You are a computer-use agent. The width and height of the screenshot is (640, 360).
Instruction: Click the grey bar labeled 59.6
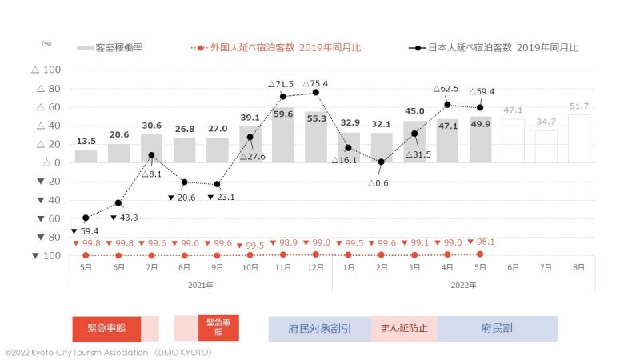tap(283, 135)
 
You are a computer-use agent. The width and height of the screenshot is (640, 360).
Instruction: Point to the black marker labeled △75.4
tap(316, 93)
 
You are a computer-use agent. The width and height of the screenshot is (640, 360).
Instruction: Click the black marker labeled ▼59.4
tap(86, 218)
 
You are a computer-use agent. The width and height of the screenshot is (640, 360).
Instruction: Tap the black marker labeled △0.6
tap(382, 162)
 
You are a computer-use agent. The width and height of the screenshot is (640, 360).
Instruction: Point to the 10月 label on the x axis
tap(250, 268)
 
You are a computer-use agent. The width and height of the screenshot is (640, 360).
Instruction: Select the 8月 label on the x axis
tap(579, 268)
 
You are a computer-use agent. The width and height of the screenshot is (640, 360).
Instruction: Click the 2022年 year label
tap(463, 285)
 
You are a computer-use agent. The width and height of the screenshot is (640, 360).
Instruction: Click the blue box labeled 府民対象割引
tap(319, 328)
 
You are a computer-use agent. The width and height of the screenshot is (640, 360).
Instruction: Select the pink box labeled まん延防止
tap(404, 328)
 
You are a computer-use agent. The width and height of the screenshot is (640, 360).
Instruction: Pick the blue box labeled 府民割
tap(497, 328)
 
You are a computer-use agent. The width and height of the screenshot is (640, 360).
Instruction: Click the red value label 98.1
tap(485, 242)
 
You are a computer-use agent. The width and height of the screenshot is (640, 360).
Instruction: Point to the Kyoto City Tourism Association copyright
tap(107, 352)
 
